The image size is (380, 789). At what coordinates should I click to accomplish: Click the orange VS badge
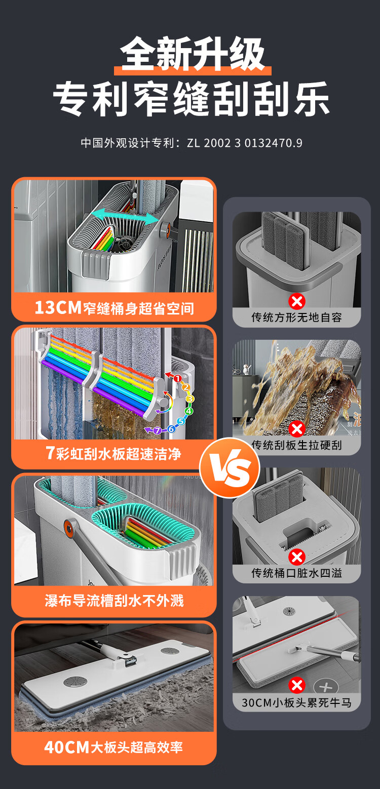tap(230, 468)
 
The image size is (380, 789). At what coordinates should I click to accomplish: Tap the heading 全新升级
tap(193, 54)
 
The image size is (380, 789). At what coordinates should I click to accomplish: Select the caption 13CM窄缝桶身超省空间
tap(114, 307)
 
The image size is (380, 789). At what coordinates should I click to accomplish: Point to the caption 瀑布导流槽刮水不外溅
tap(114, 601)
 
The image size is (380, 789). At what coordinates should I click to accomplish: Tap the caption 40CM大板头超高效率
tap(113, 747)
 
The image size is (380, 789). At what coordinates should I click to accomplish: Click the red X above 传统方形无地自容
tap(296, 302)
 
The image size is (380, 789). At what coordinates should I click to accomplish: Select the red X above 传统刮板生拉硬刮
tap(296, 429)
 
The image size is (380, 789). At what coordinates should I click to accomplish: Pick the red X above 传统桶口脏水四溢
tap(296, 558)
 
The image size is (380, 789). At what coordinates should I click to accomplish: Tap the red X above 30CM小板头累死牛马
tap(296, 686)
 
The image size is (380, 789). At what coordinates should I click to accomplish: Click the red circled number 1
tap(177, 378)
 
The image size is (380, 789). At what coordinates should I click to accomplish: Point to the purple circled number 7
tap(157, 430)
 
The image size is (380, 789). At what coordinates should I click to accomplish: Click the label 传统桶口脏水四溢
tap(296, 573)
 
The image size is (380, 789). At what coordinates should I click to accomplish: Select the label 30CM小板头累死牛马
tap(296, 702)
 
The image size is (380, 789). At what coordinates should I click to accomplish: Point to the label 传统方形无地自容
tap(296, 318)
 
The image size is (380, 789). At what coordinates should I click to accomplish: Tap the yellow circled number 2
tap(185, 387)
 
